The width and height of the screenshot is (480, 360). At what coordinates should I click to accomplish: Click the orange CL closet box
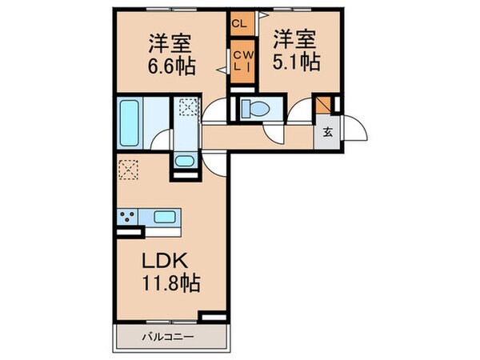tap(238, 23)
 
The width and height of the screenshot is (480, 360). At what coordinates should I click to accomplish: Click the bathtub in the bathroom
tap(130, 121)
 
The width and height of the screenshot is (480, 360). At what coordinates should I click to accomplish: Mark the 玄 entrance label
tap(328, 133)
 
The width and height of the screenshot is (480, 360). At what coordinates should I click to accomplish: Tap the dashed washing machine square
tap(186, 107)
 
